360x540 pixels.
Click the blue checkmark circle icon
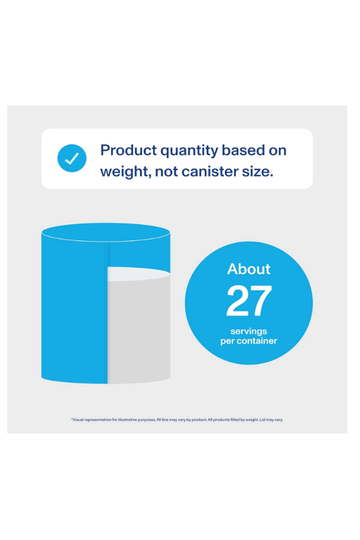click(x=72, y=158)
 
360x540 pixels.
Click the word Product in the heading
click(x=129, y=150)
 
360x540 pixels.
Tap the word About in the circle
click(x=249, y=269)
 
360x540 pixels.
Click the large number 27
click(x=249, y=301)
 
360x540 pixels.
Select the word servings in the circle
click(x=249, y=331)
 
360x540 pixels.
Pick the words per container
click(x=249, y=341)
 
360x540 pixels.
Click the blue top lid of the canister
click(x=106, y=232)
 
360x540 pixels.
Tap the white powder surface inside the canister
click(x=139, y=274)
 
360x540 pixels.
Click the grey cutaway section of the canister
click(x=139, y=330)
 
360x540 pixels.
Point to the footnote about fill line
click(x=177, y=420)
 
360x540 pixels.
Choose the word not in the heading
click(x=166, y=172)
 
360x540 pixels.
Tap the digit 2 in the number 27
click(x=238, y=301)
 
